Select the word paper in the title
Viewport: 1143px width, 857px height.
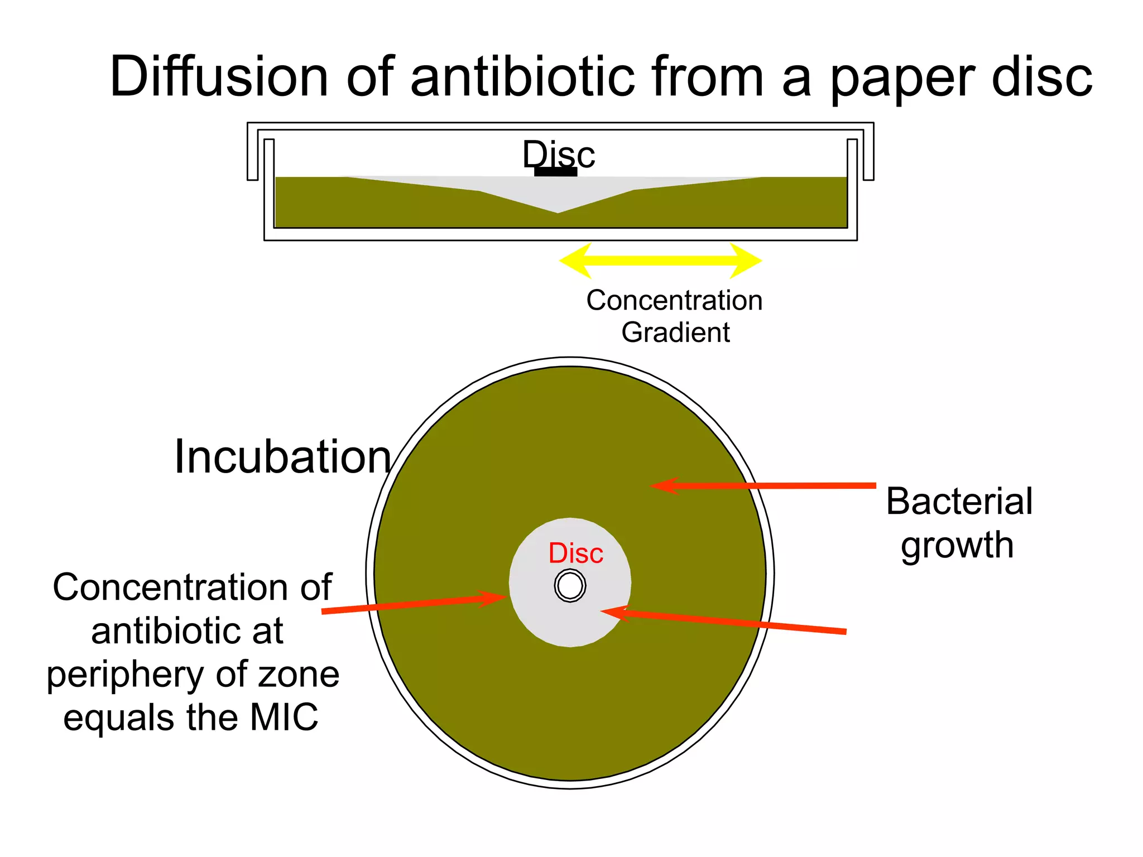point(901,78)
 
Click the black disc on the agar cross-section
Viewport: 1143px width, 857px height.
point(555,172)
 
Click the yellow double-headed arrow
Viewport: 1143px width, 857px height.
point(661,260)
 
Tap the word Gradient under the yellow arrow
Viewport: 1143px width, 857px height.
point(675,333)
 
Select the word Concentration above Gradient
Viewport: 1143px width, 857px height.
point(674,300)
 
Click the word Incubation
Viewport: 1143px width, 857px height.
point(282,457)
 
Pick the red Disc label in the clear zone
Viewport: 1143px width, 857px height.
point(575,553)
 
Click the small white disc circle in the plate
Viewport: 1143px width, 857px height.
point(570,585)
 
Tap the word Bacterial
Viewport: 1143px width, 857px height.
point(959,501)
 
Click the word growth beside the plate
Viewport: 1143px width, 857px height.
point(957,545)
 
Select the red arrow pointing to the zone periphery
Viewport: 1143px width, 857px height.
point(413,605)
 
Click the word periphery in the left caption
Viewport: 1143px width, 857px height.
point(126,675)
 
